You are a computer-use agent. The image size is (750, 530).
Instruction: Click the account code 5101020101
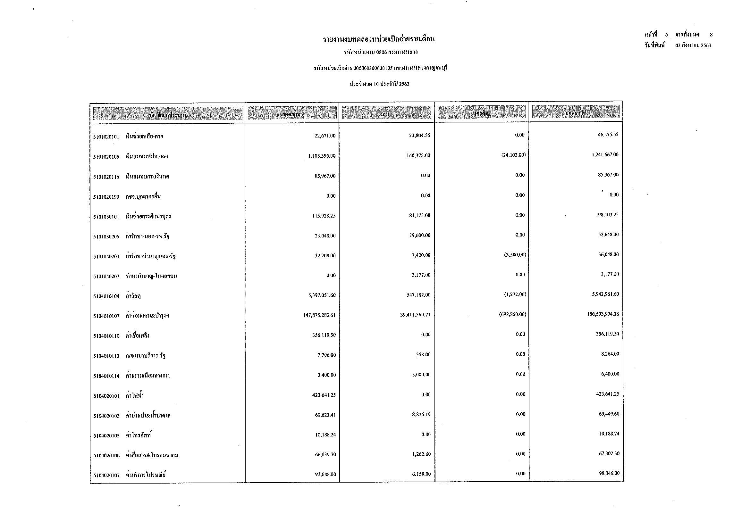[x=106, y=137]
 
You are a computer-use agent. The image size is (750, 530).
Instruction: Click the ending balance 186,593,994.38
[x=603, y=314]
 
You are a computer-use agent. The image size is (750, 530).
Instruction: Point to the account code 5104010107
[x=106, y=316]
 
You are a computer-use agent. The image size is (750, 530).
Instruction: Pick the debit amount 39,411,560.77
[x=415, y=315]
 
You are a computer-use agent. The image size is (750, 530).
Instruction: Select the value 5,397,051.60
[x=319, y=295]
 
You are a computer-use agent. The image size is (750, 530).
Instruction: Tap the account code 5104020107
[x=106, y=476]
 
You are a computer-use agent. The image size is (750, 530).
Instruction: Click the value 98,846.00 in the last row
[x=609, y=474]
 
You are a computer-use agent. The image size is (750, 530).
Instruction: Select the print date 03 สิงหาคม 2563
[x=693, y=46]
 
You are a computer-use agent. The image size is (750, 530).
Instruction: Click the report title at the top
[x=379, y=39]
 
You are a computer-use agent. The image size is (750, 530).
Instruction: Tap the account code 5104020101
[x=106, y=396]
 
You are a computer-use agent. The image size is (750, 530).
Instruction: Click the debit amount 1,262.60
[x=421, y=454]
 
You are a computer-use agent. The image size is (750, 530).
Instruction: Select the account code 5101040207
[x=106, y=277]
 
